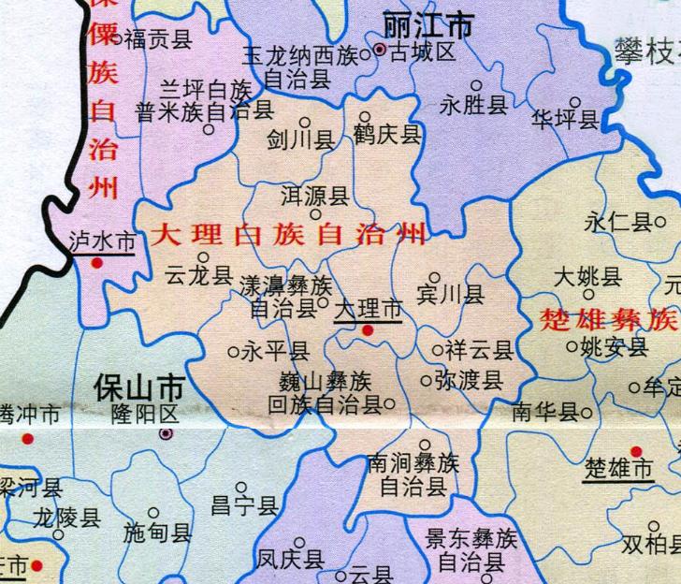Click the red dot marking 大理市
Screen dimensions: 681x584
coord(368,329)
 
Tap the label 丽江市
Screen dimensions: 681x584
coord(429,25)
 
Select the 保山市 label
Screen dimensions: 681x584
coord(138,387)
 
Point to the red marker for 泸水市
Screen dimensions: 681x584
coord(96,264)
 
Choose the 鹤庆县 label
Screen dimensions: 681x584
coord(387,137)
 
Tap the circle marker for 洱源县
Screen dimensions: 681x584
coord(315,215)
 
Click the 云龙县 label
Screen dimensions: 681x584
coord(197,276)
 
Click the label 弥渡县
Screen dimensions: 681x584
coord(470,381)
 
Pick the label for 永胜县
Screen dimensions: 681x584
coord(473,106)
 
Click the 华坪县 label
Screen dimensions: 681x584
coord(565,120)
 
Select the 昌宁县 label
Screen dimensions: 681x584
coord(244,507)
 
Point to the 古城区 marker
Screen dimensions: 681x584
coord(380,51)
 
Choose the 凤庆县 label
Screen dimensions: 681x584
coord(291,560)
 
